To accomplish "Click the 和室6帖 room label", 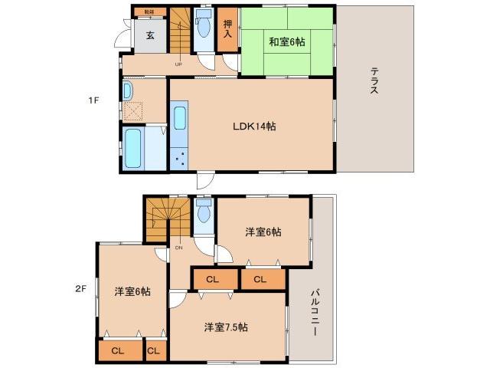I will pos(287,42).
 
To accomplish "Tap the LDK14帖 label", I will pos(254,127).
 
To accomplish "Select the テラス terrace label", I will pos(374,80).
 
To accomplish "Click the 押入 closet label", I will pos(227,31).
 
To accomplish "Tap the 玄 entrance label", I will pos(151,34).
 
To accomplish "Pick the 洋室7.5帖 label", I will pos(225,327).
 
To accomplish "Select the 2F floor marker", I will pos(81,289).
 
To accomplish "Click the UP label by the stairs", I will pos(178,64).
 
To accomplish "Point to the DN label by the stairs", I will pos(178,247).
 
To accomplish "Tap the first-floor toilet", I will pos(204,28).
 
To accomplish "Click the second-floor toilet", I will pos(203,212).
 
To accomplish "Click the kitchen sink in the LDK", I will pos(179,118).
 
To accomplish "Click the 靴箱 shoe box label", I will pos(149,11).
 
